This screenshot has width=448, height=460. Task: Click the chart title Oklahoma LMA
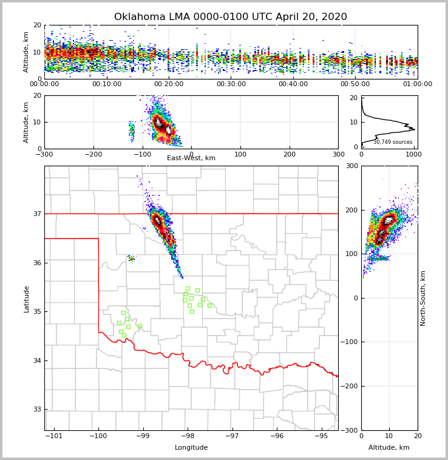pos(231,17)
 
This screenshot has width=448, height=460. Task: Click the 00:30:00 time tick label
pos(231,84)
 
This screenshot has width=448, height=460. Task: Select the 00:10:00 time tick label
pos(107,84)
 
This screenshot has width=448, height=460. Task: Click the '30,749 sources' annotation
pos(393,142)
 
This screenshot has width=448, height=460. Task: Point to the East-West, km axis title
pos(191,158)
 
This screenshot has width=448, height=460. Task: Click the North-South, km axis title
pos(423,298)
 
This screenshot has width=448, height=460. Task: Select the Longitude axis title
pos(191,448)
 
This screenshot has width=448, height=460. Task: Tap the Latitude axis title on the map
pos(27,299)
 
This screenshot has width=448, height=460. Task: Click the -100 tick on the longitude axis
pos(98,436)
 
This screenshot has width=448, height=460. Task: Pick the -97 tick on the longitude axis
pos(232,436)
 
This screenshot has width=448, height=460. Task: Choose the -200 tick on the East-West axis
pos(93,154)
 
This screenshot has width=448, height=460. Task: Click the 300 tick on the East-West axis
pos(338,154)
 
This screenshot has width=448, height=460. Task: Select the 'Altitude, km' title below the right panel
pos(389,448)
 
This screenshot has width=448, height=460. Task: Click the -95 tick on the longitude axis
pos(321,436)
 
